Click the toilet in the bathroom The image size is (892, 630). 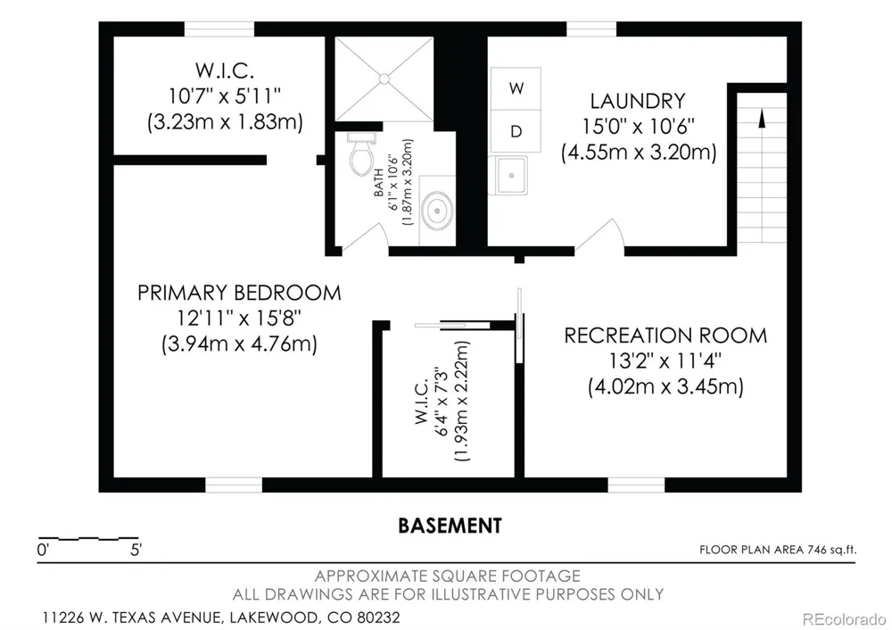pos(361,154)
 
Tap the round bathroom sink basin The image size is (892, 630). pos(437,211)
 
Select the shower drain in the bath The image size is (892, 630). pos(384,79)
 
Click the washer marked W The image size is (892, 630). pos(516,88)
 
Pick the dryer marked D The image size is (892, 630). pos(516,131)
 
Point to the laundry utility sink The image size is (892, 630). pos(510,175)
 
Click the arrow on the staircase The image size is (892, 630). pos(762,119)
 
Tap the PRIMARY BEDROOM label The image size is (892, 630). pos(239,293)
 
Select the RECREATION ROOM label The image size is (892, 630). pos(665,336)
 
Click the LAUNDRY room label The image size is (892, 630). pos(638,101)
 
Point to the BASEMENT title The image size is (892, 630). pos(450,526)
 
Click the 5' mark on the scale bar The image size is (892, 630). pos(136,550)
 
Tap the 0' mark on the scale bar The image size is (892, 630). pos(43,550)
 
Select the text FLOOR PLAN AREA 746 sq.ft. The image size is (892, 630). pos(778,549)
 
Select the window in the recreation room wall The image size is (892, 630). pos(636,485)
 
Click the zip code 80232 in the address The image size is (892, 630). pos(378,617)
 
